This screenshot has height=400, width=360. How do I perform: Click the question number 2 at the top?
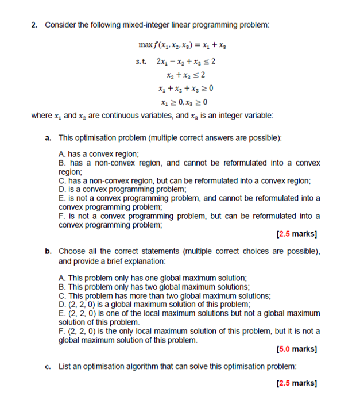tap(34, 25)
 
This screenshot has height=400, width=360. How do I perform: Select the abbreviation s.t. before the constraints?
tap(140, 61)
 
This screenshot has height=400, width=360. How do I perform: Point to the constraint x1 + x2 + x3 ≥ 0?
tap(185, 89)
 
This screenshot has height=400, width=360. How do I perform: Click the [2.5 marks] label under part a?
tap(297, 234)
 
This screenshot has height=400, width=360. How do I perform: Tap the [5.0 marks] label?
tap(297, 349)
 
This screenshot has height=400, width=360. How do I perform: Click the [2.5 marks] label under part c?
tap(297, 383)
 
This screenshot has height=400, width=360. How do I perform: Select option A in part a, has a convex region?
tap(99, 155)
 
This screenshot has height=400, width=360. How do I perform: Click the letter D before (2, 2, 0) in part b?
tap(62, 304)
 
